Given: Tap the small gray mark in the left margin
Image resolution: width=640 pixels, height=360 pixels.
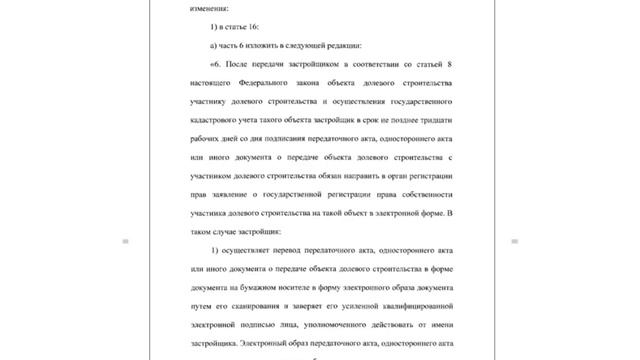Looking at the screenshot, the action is [x=126, y=241].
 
